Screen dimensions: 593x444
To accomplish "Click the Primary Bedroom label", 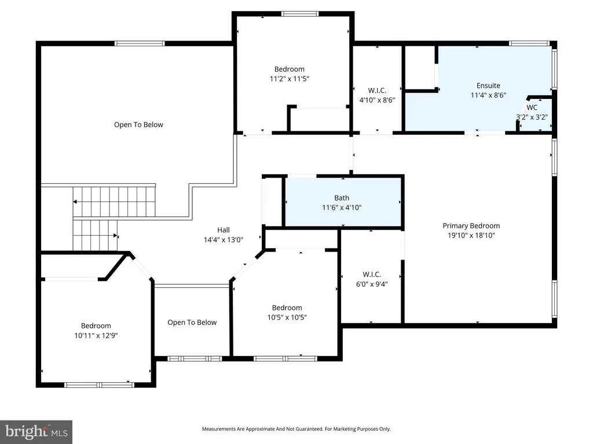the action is pyautogui.click(x=471, y=226).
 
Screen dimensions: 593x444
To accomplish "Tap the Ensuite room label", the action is pyautogui.click(x=488, y=86).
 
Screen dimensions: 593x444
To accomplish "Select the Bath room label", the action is pyautogui.click(x=342, y=198).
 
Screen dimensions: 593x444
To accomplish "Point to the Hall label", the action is pyautogui.click(x=223, y=230).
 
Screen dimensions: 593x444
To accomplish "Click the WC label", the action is pyautogui.click(x=532, y=108).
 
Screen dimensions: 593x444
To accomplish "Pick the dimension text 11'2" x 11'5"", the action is pyautogui.click(x=290, y=79).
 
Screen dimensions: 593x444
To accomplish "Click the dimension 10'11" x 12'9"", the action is pyautogui.click(x=96, y=336).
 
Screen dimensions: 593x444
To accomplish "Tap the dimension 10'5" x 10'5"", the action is pyautogui.click(x=287, y=317).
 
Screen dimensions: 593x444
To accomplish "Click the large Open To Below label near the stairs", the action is pyautogui.click(x=138, y=125).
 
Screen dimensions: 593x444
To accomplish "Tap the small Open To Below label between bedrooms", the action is pyautogui.click(x=192, y=323).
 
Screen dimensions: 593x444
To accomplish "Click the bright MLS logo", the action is pyautogui.click(x=36, y=432).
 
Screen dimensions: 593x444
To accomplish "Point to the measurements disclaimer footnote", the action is pyautogui.click(x=296, y=429).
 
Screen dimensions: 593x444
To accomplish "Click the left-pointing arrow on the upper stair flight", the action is pyautogui.click(x=75, y=202).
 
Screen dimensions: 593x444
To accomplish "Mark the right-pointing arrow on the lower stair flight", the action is pyautogui.click(x=116, y=236).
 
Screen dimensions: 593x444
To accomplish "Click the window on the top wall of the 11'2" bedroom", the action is pyautogui.click(x=300, y=14).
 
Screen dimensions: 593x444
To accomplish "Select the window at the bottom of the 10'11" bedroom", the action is pyautogui.click(x=99, y=385).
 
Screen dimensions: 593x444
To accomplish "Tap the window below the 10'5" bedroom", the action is pyautogui.click(x=285, y=358).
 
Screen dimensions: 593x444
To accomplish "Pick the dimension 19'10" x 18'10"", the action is pyautogui.click(x=471, y=236).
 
